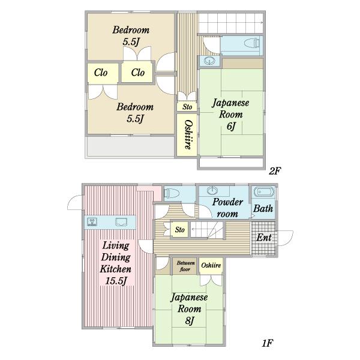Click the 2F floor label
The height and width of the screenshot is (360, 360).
coord(275,171)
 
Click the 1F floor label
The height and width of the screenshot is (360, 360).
coord(268,343)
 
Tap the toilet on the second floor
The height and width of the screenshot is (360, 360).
coord(252,43)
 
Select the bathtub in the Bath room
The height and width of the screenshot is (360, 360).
coord(264,192)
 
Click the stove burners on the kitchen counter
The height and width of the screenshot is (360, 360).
coord(92,221)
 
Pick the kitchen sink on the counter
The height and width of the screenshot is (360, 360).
coord(121,222)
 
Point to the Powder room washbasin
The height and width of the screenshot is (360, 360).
coord(212,191)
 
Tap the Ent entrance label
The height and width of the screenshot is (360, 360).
coord(264,238)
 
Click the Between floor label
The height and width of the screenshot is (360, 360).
coord(185,266)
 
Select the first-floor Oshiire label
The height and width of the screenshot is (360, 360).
coord(211,265)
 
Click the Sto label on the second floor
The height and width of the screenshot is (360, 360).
coord(187,107)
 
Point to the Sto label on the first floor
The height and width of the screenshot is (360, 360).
coord(179,230)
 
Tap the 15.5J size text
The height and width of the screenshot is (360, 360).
coord(116,281)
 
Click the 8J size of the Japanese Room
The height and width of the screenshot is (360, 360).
coord(190,320)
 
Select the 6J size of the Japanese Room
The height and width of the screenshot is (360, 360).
coord(231,126)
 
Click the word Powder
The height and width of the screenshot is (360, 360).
coord(227,202)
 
